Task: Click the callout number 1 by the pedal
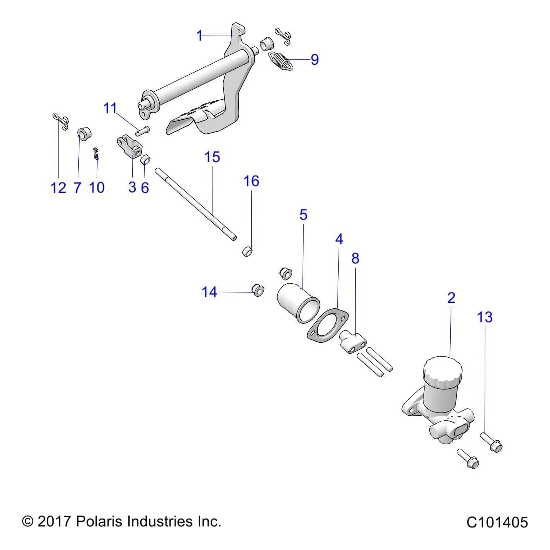tap(199, 36)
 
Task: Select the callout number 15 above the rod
tap(212, 157)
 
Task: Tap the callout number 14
tap(209, 292)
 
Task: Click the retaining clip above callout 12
tap(61, 122)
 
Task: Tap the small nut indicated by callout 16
tap(247, 252)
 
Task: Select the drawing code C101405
tap(497, 522)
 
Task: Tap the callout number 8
tap(355, 258)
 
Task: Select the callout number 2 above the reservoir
tap(451, 297)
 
